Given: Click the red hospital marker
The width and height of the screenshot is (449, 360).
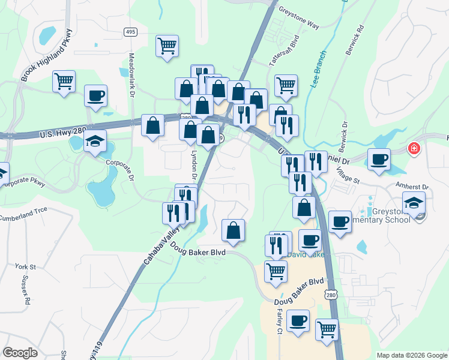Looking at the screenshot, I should point(414,148).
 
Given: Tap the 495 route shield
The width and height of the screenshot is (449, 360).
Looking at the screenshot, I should point(130,31).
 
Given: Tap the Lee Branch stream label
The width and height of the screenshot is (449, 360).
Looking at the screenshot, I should point(318,70).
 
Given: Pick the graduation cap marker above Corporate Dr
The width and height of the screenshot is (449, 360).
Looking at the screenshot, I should point(95,142).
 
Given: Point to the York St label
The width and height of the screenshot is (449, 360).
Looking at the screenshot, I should point(26,266).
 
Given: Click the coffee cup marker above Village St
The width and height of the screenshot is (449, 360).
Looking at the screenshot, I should point(379,160).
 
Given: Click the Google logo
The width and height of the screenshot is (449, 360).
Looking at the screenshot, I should point(20,353).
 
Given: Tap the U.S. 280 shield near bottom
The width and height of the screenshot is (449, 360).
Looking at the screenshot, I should point(331,295).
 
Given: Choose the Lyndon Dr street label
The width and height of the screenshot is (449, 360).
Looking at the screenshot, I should point(194,165).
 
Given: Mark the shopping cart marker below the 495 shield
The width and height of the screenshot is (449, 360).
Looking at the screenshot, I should point(167,45).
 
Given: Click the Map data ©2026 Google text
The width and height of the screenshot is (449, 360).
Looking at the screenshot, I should point(412,355).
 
